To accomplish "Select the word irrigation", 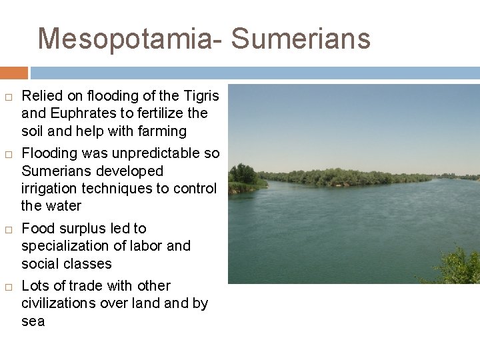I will [50, 189].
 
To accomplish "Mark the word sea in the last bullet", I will [33, 321].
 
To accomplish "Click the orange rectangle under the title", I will [13, 73].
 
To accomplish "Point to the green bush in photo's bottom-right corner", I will [457, 267].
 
